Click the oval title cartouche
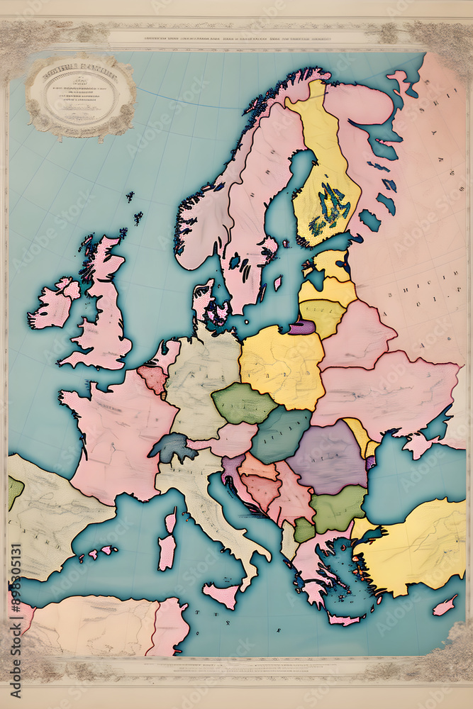point(80,96)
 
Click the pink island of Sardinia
point(167,545)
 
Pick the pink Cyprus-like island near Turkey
point(445,605)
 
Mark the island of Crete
point(344,619)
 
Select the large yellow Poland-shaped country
point(282,366)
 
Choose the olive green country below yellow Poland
point(243,403)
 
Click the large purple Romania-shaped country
point(327,457)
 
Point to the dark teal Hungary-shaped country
point(279,435)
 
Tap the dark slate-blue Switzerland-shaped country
point(172,447)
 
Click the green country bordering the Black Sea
point(338,508)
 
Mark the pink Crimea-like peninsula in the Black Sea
point(418,445)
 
